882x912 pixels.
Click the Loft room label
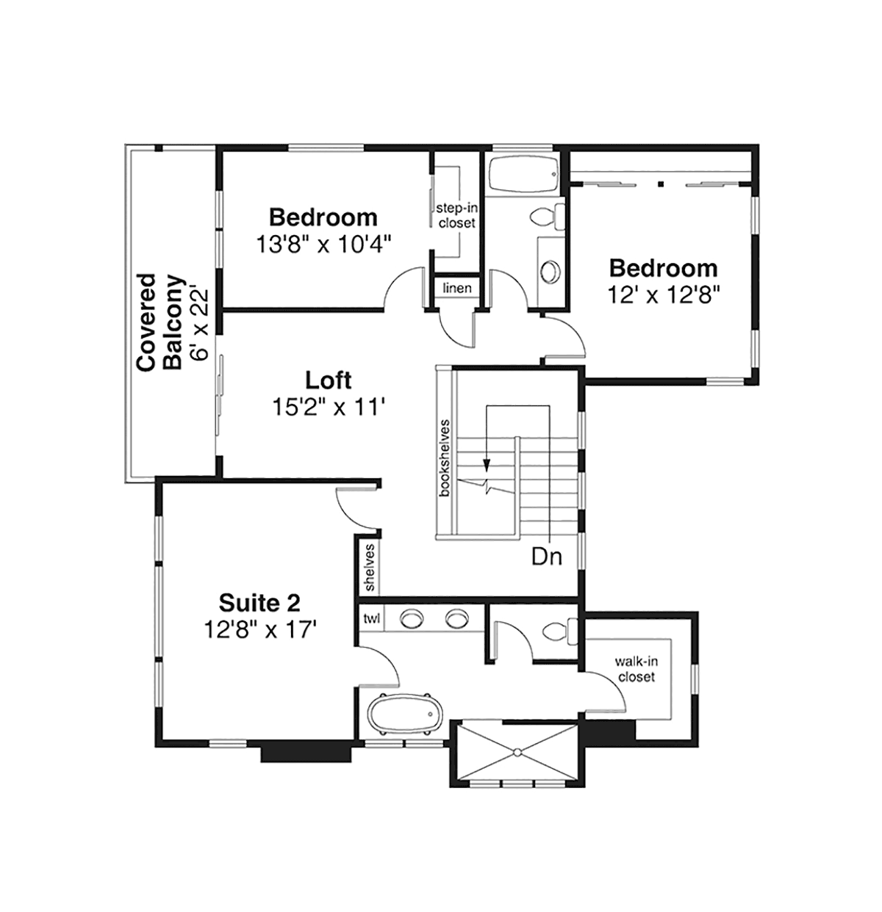(328, 380)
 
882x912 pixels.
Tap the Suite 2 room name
(259, 603)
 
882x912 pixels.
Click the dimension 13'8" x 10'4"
(323, 245)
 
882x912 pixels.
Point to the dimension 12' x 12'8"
(664, 295)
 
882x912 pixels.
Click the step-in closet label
(456, 215)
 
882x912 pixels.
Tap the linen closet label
(457, 288)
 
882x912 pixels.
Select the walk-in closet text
(637, 669)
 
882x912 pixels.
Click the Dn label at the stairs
(547, 557)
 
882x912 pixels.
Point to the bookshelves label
(445, 458)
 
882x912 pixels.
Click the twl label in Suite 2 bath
(371, 618)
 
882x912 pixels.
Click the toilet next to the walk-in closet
(560, 631)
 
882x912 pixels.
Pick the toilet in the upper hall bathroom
(548, 217)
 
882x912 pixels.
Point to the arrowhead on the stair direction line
(487, 464)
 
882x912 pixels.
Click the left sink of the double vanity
(412, 618)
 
